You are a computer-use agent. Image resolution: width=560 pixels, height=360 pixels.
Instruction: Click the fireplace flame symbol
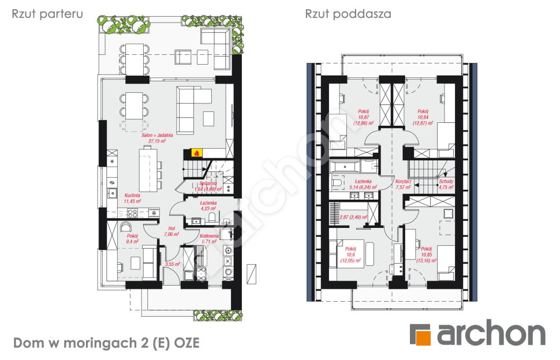coord(196,153)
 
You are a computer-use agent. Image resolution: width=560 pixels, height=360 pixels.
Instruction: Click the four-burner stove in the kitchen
coord(132,213)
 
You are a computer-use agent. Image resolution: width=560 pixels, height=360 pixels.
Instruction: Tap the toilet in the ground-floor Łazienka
coord(213,218)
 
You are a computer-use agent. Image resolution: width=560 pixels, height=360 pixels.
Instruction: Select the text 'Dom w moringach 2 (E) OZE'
coord(106,343)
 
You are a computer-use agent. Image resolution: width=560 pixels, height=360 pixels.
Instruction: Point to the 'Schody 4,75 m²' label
coord(446,184)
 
